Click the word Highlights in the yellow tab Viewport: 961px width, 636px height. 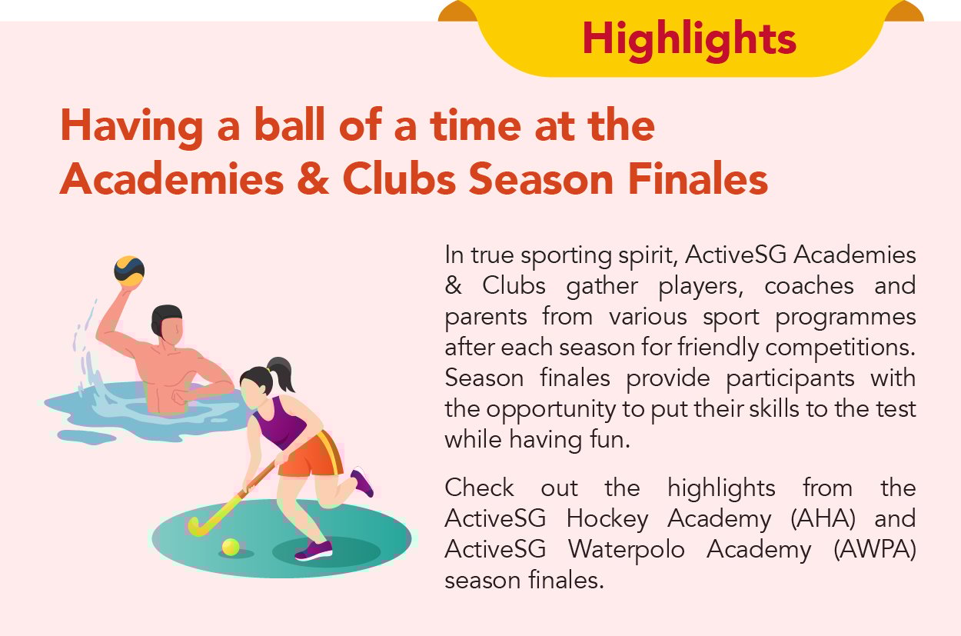689,38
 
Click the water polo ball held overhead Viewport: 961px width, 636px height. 129,271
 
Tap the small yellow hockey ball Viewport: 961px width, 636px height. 231,547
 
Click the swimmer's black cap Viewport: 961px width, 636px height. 166,319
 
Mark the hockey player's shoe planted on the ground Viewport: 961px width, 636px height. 313,550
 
